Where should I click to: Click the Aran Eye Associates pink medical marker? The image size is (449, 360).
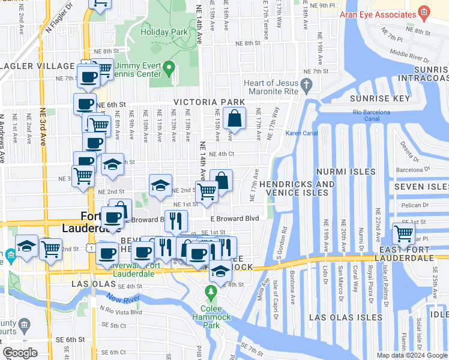[424, 12]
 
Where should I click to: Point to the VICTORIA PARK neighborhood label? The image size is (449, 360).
[209, 102]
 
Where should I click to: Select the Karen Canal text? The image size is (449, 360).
[301, 133]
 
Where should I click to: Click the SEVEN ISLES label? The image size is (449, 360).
[421, 187]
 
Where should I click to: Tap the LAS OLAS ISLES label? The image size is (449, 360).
[345, 317]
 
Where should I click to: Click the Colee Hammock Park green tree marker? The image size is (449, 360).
[210, 292]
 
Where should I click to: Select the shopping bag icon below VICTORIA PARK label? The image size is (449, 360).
[234, 119]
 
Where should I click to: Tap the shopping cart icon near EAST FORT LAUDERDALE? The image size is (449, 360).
[403, 233]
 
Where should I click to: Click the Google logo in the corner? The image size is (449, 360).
[20, 353]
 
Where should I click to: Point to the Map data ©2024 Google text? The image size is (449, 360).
[412, 355]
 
